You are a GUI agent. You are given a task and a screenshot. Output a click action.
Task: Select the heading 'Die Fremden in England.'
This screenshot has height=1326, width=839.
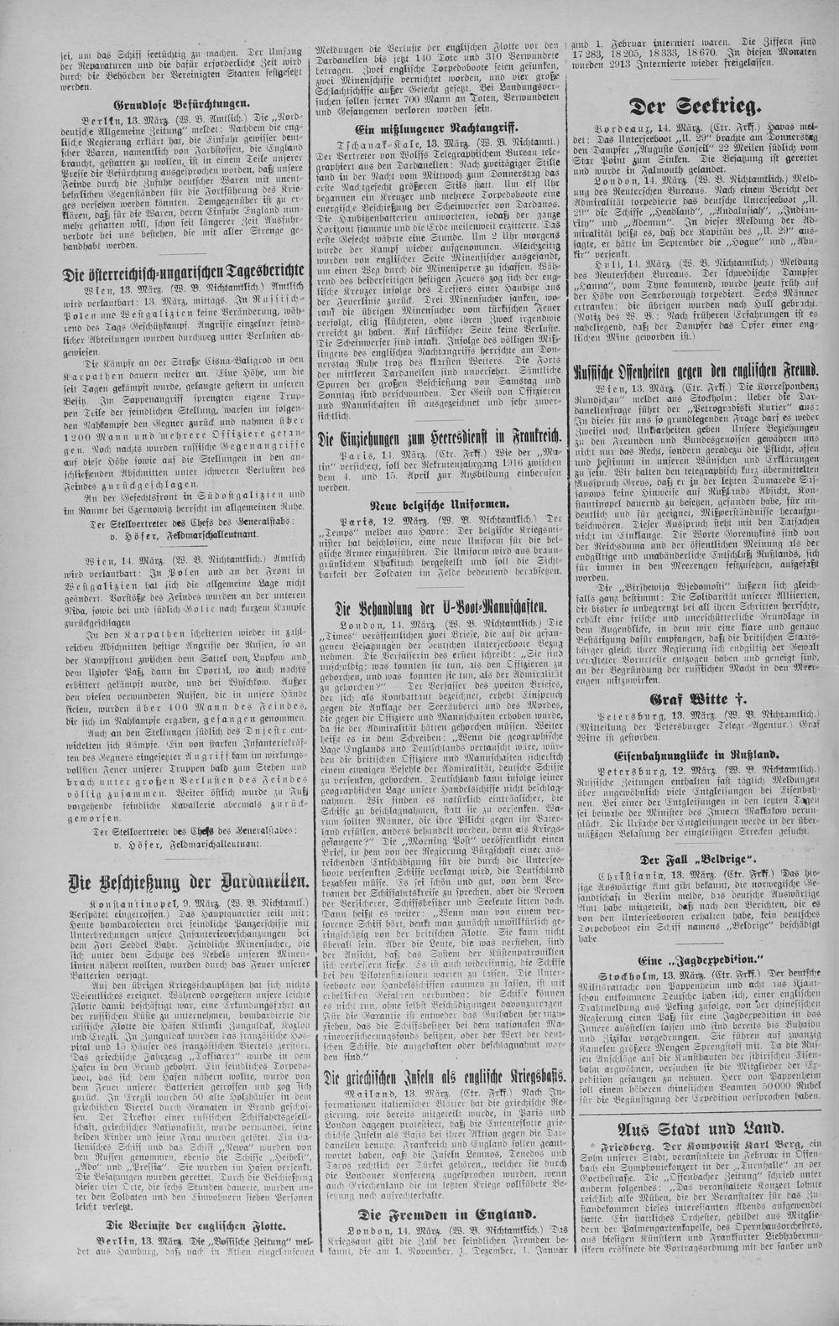click(x=434, y=1214)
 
